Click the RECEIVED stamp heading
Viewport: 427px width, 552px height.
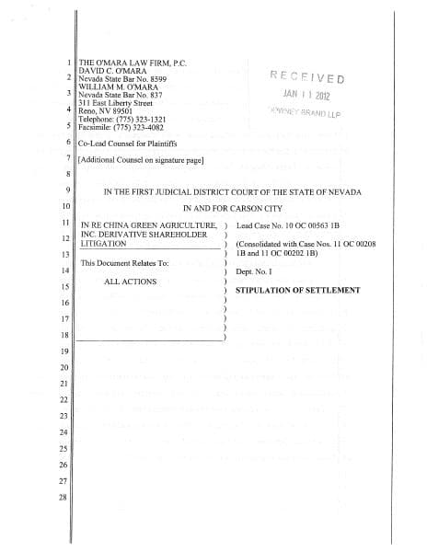tap(307, 78)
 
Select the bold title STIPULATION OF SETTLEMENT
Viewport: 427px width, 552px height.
tap(296, 290)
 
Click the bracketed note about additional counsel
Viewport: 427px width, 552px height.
tap(149, 160)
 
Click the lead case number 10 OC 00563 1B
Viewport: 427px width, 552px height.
tap(301, 224)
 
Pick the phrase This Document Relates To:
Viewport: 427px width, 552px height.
tap(124, 264)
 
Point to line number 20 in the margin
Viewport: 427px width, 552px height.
tap(63, 367)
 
